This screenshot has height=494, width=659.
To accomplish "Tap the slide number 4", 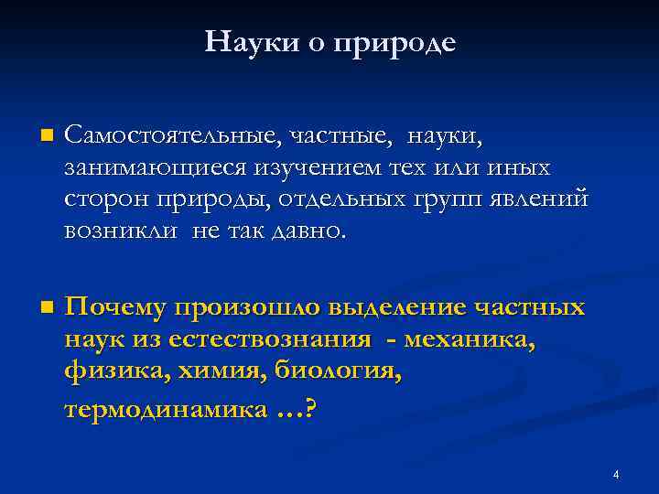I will click(x=616, y=474).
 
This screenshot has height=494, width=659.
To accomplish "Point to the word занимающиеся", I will click(x=144, y=168).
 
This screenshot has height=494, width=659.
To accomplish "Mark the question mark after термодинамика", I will click(x=309, y=409).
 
